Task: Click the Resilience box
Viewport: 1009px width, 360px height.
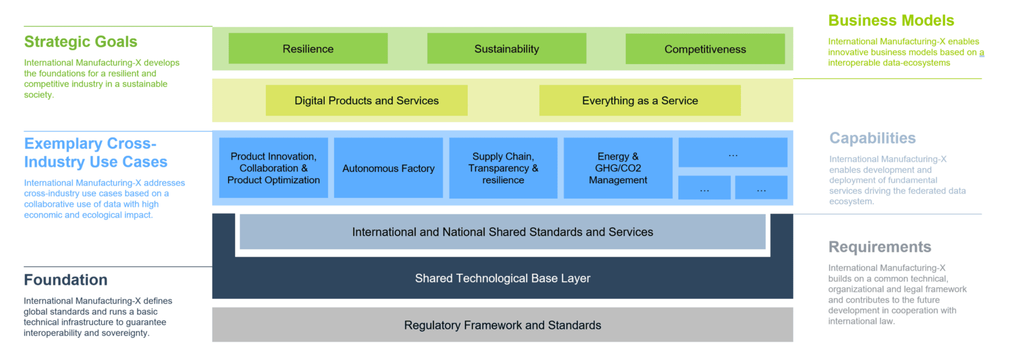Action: click(308, 49)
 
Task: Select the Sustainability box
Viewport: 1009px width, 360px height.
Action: click(507, 49)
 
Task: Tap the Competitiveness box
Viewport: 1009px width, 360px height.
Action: click(705, 49)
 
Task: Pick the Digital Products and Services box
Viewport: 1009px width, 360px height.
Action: click(366, 100)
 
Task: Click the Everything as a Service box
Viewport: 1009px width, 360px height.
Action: click(640, 100)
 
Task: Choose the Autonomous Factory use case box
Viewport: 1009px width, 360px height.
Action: click(388, 168)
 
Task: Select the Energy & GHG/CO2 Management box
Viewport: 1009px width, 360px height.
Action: click(617, 168)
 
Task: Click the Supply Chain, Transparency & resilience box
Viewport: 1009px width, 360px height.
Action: click(503, 168)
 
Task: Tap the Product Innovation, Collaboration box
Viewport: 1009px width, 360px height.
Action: click(273, 168)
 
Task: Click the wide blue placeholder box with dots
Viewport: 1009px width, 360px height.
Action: click(733, 152)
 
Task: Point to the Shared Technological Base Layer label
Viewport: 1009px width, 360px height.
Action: click(502, 278)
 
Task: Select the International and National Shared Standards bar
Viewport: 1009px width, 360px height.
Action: click(502, 232)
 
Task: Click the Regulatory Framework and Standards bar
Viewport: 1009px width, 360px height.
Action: click(502, 325)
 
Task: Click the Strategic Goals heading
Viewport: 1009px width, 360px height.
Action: click(80, 42)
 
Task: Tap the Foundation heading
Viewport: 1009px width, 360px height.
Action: click(66, 280)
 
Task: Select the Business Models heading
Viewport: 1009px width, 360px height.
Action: click(891, 20)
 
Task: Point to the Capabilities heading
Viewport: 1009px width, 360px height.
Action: click(872, 138)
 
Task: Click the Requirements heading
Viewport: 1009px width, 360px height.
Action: click(880, 247)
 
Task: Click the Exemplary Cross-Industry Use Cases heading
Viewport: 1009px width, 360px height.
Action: click(96, 152)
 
